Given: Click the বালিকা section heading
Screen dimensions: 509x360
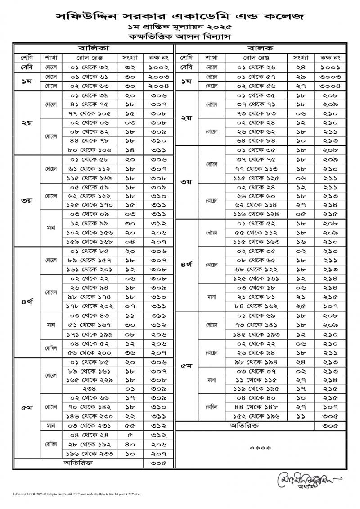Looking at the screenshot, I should tap(94, 48).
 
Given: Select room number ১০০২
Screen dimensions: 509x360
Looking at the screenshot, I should tap(157, 67).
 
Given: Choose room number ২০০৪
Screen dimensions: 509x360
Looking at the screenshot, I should tap(157, 86).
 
